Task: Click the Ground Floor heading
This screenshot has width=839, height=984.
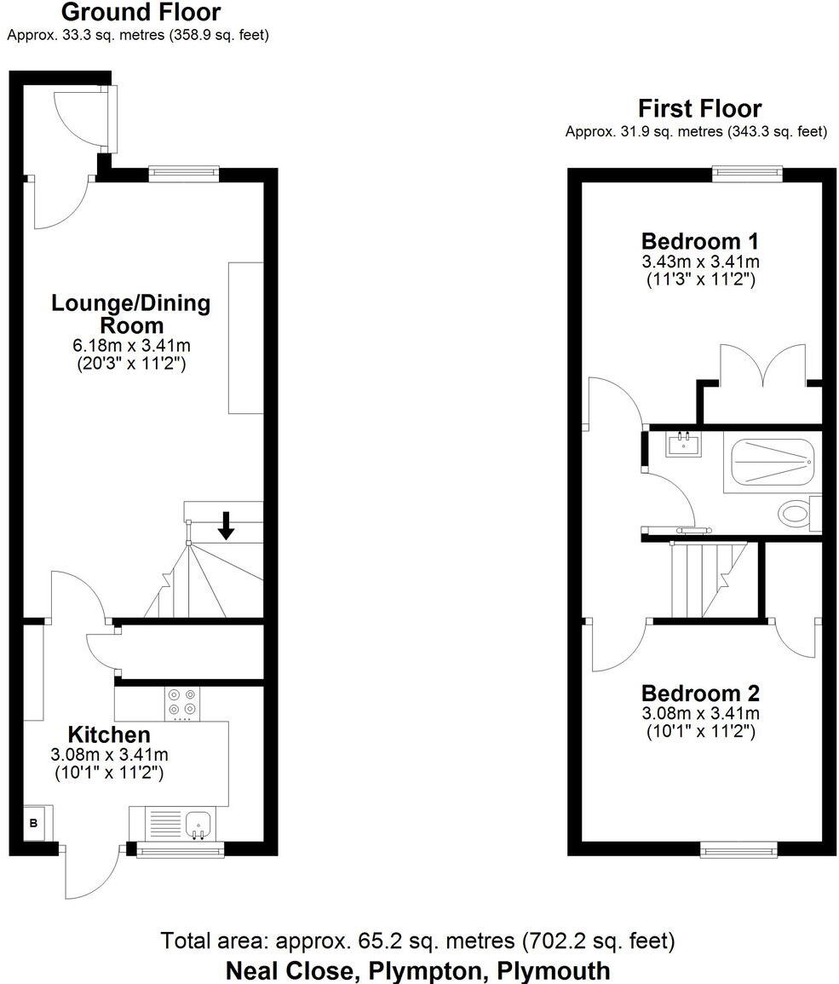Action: point(141,13)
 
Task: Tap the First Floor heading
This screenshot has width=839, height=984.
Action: point(699,109)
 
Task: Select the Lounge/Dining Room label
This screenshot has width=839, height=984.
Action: point(131,314)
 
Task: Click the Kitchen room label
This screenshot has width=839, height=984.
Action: point(109,734)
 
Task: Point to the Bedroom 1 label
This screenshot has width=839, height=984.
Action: point(699,240)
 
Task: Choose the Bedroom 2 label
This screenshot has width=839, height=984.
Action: point(700,693)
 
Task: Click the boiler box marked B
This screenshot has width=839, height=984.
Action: point(34,823)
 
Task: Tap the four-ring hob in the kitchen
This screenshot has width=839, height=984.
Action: point(181,702)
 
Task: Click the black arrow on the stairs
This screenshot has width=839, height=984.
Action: point(226,525)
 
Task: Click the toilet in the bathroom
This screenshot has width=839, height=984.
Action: point(796,513)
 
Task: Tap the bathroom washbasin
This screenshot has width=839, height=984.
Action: point(684,443)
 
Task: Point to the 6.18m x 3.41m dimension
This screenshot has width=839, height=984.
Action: point(131,346)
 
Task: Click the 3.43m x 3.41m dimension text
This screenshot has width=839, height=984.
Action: point(699,262)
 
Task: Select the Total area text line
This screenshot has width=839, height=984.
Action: point(418,941)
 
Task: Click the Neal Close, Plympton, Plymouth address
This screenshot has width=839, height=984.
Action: point(418,970)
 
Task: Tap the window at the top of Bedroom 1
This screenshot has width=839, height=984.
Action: point(748,173)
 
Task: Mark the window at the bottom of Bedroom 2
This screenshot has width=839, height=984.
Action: point(738,848)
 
